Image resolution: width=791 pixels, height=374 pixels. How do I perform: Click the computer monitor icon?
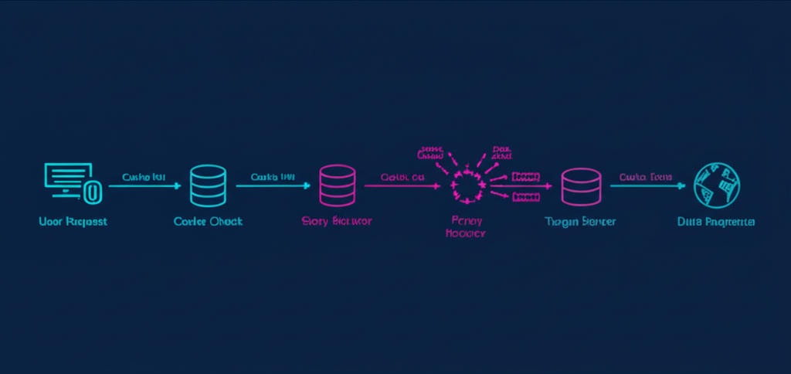(67, 180)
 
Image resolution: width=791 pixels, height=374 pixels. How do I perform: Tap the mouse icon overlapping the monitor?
(92, 191)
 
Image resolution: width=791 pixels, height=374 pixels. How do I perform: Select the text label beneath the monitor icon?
(72, 221)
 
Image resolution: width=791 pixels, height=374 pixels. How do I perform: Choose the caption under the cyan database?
(208, 221)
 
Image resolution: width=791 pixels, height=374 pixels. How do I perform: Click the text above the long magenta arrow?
(402, 177)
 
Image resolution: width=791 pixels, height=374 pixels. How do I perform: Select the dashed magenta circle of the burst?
(466, 186)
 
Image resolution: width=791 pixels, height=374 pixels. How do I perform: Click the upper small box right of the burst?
(525, 177)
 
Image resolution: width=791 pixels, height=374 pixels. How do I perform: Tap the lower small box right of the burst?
(525, 197)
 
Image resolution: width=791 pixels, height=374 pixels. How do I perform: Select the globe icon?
(716, 185)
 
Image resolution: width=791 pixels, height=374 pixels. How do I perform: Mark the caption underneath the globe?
(716, 222)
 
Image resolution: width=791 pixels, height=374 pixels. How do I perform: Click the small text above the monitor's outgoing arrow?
(144, 177)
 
